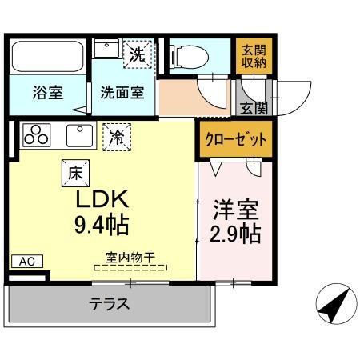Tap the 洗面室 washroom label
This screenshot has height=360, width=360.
click(122, 92)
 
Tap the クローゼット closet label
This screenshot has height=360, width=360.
click(234, 138)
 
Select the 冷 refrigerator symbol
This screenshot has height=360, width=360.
click(118, 137)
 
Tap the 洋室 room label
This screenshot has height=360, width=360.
click(235, 212)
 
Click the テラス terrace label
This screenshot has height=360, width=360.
click(110, 304)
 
